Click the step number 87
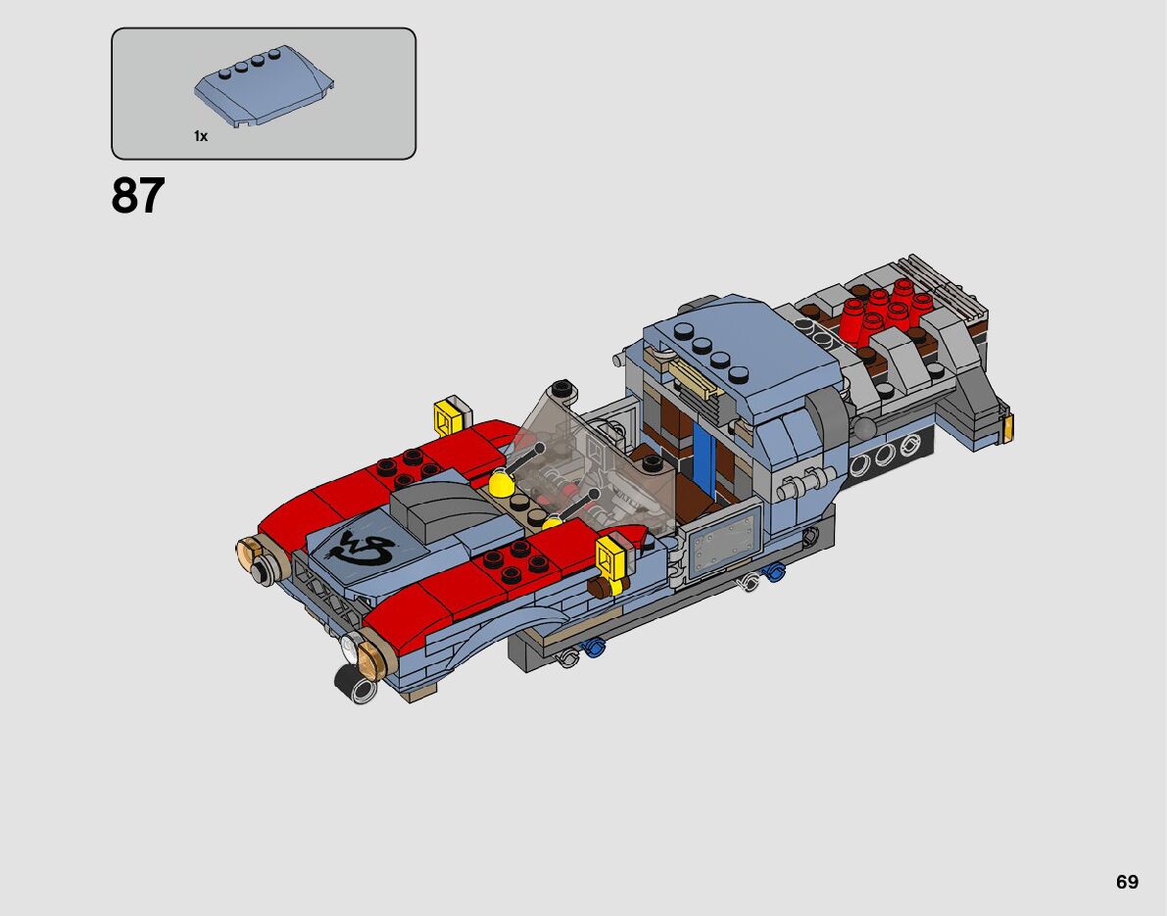pos(138,196)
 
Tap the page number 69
pos(1127,882)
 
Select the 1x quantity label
pos(201,136)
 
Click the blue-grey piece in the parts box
pos(265,87)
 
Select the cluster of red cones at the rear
pos(886,311)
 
